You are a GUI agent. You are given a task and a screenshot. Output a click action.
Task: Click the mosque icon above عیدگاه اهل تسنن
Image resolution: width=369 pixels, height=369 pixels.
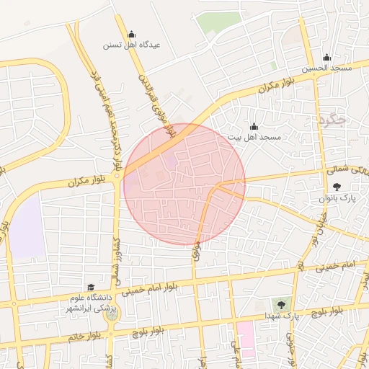tap(131, 34)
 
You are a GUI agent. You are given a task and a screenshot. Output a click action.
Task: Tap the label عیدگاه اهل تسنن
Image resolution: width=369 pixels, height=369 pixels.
tap(130, 45)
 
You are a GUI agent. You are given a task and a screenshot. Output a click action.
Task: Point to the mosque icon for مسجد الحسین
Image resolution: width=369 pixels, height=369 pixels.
tap(326, 58)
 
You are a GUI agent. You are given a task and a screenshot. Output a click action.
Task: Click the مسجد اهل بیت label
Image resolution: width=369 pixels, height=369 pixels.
tap(253, 136)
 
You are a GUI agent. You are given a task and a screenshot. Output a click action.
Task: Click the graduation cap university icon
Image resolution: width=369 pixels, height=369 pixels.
tap(91, 287)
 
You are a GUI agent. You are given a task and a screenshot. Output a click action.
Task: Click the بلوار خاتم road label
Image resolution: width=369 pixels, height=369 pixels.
tap(83, 337)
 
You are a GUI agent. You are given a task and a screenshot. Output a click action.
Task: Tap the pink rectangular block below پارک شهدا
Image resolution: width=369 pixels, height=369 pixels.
tap(246, 339)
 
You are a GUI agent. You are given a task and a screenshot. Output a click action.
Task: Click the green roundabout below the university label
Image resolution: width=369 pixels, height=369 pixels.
tap(113, 312)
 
